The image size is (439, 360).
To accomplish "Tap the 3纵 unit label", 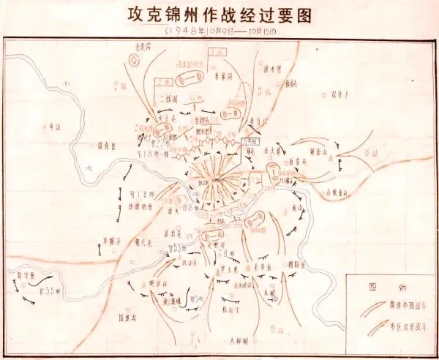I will coord(266,91).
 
